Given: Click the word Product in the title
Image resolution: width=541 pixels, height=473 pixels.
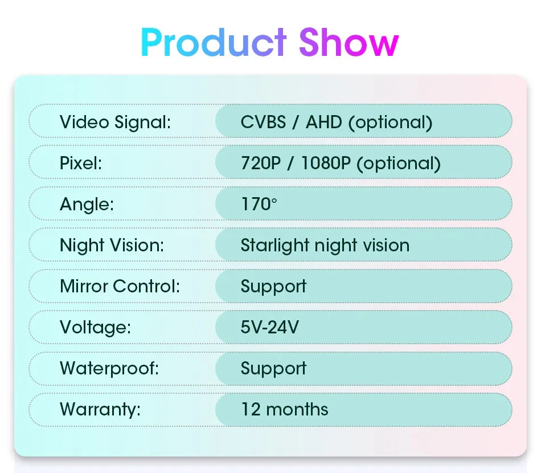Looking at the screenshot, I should point(214,43).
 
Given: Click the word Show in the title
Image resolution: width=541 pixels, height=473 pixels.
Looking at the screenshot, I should point(349,43).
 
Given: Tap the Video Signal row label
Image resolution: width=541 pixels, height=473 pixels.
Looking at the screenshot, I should point(115,122).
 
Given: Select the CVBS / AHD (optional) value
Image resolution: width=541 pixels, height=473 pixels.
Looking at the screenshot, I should point(336,122).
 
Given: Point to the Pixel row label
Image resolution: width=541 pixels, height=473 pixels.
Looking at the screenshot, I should point(81,164).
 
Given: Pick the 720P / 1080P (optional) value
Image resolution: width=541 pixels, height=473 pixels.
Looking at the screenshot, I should point(341,164).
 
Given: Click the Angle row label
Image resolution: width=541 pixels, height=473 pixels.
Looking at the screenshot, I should point(87,205).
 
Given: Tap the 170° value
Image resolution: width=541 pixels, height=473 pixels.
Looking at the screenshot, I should point(259,204).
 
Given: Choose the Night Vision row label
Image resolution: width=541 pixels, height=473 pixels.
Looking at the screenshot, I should point(112,246).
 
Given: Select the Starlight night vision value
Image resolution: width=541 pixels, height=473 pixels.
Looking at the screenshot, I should point(325,246).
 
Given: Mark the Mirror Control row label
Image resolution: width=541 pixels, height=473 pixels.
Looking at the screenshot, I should point(120,286).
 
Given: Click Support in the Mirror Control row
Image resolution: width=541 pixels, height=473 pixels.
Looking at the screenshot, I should point(273,287).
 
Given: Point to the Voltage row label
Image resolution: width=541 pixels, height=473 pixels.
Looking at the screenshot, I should point(95,328).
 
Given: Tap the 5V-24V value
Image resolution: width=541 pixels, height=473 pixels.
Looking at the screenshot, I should point(270,328).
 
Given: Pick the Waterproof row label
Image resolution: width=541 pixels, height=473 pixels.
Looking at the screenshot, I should point(109,368).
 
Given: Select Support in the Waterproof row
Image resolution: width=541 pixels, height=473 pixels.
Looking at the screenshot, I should point(273,369).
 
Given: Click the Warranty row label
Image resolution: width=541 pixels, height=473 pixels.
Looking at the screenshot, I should point(100,409).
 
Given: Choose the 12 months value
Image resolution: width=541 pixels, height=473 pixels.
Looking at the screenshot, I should point(284,409).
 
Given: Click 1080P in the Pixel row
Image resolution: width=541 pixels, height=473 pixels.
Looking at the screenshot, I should point(326,164).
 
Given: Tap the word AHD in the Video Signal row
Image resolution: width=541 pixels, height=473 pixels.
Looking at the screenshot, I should point(323,122).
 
